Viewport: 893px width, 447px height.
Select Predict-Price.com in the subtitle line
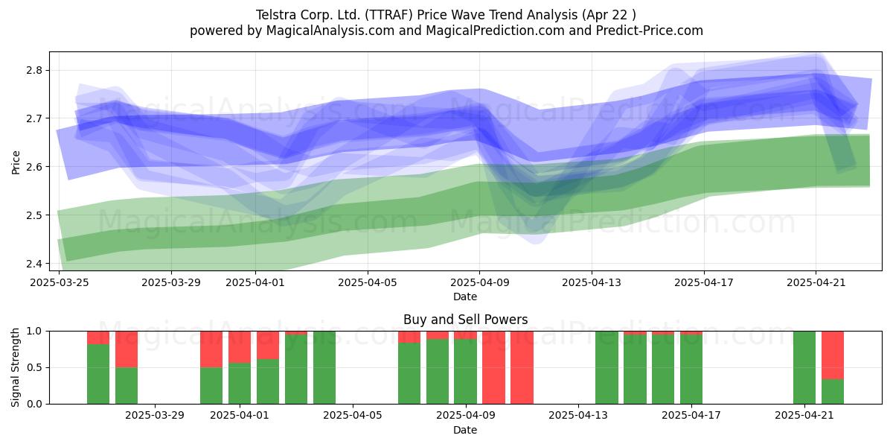coord(650,31)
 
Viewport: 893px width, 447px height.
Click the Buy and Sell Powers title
coord(465,320)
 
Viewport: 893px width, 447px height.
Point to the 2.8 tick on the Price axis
coord(34,70)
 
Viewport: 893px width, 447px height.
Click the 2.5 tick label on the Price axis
coord(34,215)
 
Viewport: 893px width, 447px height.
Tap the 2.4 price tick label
coord(34,264)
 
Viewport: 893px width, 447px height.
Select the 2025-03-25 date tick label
coord(60,282)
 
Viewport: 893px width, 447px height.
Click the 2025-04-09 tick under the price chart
coord(479,282)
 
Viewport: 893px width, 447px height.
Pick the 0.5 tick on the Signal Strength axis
coord(34,367)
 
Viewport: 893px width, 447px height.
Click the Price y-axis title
coord(16,162)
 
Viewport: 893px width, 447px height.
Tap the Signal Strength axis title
coord(15,367)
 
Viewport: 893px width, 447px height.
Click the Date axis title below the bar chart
coord(465,430)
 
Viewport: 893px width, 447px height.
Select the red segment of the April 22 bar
coord(833,355)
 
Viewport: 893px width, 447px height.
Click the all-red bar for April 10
coord(493,367)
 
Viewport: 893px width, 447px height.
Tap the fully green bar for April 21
coord(804,367)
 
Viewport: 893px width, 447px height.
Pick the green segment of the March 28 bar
coord(127,386)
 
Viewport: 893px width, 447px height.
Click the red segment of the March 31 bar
coord(211,349)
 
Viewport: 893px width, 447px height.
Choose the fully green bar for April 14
coord(606,367)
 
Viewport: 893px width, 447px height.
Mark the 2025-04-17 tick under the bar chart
coord(691,416)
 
